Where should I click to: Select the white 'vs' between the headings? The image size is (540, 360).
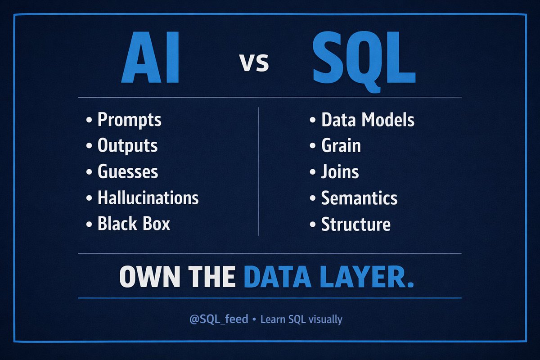click(254, 63)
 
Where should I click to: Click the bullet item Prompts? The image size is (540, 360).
click(129, 120)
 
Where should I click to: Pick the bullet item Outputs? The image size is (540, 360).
click(127, 146)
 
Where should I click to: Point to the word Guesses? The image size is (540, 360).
click(128, 172)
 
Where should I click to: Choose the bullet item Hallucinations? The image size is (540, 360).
click(148, 198)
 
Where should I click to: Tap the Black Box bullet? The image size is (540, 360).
click(134, 224)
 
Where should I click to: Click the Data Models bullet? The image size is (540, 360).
click(367, 120)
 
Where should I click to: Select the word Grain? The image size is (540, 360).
click(341, 146)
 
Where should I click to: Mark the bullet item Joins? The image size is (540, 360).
click(340, 172)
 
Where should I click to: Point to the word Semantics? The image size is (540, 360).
click(359, 198)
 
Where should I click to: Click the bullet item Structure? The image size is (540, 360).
click(355, 224)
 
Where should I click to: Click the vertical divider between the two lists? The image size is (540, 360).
click(259, 171)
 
